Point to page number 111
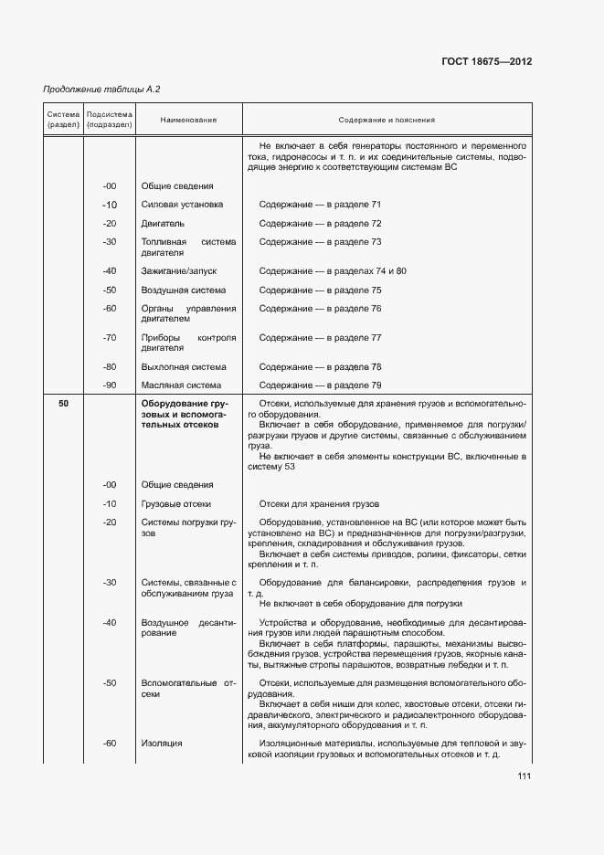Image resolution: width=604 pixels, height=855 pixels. tap(524, 776)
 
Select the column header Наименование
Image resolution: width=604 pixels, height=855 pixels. tap(188, 120)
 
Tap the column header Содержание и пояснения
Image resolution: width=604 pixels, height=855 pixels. tap(387, 120)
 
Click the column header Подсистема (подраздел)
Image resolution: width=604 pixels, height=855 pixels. tap(110, 120)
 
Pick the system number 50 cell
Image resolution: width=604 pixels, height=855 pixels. tap(63, 404)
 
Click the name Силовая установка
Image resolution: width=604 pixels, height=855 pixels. tap(182, 205)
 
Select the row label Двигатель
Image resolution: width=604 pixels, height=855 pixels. tap(164, 223)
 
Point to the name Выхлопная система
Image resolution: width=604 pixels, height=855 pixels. tap(184, 366)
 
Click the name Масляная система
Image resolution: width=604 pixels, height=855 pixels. tap(181, 385)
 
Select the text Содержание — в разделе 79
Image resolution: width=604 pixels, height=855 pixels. tap(320, 385)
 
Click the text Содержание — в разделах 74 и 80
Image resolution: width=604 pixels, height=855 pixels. tap(333, 271)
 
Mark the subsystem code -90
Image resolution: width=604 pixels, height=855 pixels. tap(110, 385)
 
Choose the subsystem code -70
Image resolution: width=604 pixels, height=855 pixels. tap(110, 338)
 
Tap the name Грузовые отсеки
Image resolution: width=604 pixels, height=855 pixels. tap(176, 503)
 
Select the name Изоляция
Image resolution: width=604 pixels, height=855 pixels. tap(162, 744)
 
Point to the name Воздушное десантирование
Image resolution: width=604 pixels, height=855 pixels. tap(188, 628)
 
